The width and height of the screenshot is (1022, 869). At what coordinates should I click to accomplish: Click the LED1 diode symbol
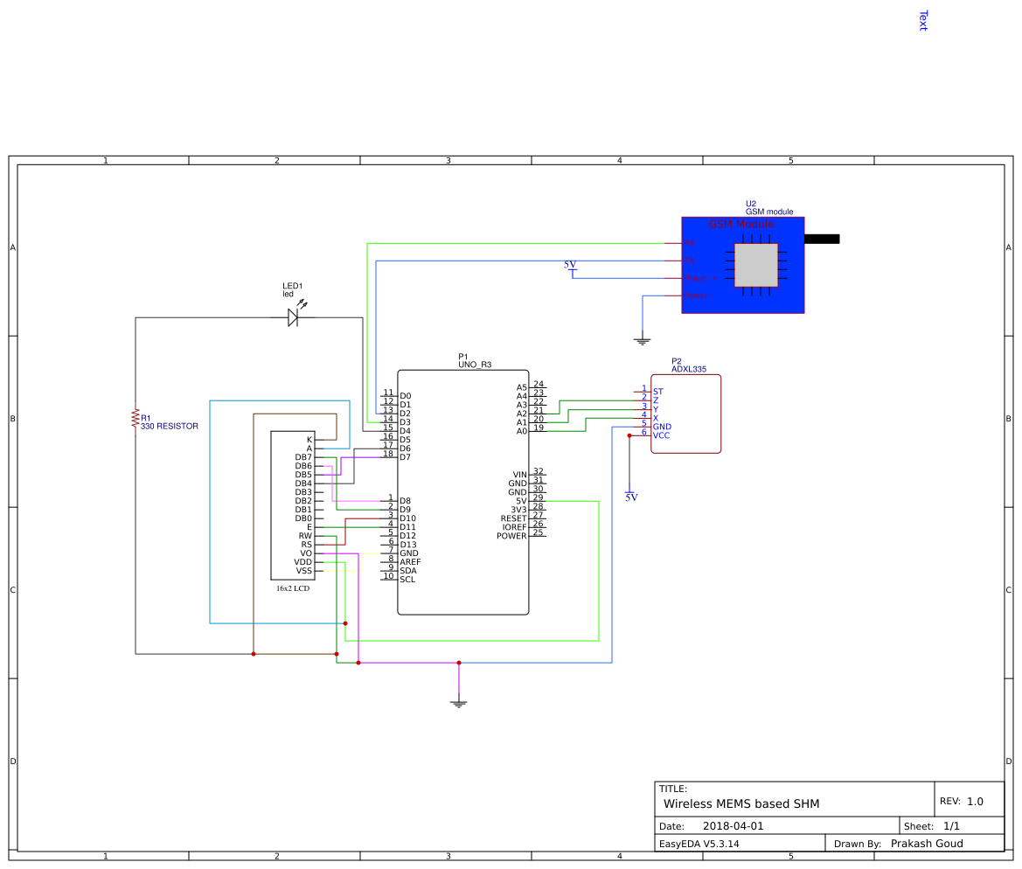coord(293,318)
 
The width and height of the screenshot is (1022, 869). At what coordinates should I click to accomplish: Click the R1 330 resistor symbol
coord(136,418)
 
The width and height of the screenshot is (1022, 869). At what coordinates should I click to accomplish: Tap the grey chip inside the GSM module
coord(755,265)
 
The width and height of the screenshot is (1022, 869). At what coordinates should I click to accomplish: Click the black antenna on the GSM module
coord(821,239)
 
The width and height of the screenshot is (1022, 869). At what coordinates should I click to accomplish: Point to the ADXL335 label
coord(688,370)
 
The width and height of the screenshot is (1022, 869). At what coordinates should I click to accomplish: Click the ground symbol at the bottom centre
coord(459,701)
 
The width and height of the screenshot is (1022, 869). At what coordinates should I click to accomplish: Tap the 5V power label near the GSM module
coord(570,265)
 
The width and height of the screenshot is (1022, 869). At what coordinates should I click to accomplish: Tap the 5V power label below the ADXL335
coord(631,497)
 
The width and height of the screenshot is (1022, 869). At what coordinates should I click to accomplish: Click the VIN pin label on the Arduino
coord(519,475)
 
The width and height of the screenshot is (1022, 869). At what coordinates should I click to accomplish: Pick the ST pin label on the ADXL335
coord(657,392)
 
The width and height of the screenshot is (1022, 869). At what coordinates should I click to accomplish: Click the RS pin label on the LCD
coord(306,545)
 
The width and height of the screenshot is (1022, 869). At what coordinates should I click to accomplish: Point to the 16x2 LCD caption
coord(293,589)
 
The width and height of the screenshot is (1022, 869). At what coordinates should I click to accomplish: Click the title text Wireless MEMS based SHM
coord(741,803)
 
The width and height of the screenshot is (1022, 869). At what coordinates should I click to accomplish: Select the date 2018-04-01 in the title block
coord(733,826)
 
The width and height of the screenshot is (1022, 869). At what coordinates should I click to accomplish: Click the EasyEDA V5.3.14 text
coord(699,844)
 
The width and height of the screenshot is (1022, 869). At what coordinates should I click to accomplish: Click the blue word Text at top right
coord(922,21)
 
